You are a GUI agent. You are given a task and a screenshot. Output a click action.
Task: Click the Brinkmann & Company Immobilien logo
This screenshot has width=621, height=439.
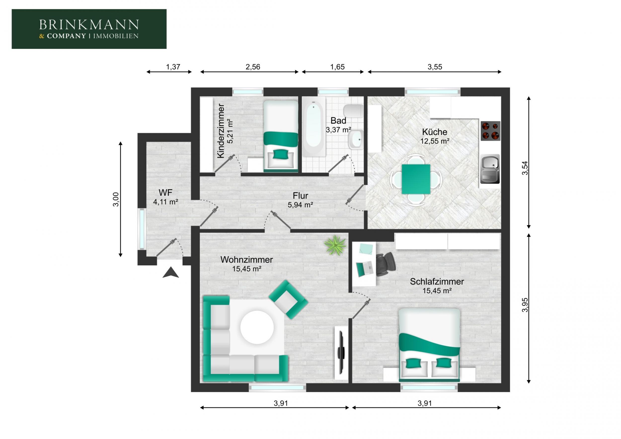[x=89, y=29]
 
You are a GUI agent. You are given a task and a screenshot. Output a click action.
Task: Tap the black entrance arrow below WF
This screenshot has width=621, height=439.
[x=171, y=273]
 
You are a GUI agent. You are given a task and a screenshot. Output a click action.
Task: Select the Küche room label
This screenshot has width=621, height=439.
[x=434, y=132]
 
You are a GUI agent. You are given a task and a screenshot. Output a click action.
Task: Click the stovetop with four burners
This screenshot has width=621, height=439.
[x=490, y=131]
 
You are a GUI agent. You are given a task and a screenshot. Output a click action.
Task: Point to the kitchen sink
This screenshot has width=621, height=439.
[x=490, y=169]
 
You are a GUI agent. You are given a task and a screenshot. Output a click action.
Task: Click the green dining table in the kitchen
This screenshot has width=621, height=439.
[x=416, y=179]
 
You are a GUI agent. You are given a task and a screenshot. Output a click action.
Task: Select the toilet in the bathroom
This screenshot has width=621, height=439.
[x=353, y=111]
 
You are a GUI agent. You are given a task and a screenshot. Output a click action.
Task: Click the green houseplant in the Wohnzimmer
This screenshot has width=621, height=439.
[x=335, y=245]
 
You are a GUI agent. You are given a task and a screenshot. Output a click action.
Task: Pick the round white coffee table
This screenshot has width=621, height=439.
[x=257, y=327]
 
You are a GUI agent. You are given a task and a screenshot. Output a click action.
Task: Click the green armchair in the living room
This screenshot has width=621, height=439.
[x=288, y=299]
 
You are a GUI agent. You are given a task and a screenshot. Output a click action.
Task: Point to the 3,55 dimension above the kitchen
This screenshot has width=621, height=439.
[x=435, y=67]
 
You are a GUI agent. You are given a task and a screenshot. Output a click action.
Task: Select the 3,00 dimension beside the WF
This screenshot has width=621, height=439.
[x=116, y=199]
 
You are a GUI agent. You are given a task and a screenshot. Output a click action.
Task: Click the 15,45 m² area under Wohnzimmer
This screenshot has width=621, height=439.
[x=247, y=269]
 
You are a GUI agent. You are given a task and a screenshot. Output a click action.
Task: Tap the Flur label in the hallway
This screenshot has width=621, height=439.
[x=300, y=196]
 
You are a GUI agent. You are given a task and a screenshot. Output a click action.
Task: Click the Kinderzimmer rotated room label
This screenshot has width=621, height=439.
[x=221, y=131]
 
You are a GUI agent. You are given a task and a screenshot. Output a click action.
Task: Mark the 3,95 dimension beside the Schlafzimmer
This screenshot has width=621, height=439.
[x=525, y=305]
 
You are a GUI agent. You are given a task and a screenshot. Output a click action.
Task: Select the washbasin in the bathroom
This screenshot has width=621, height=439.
[x=356, y=139]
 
